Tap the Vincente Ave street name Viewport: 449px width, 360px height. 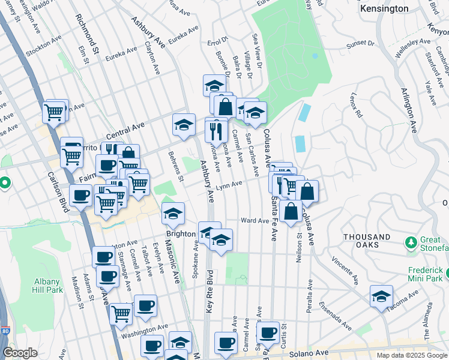[x=345, y=272]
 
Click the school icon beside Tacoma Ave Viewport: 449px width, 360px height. [x=381, y=296]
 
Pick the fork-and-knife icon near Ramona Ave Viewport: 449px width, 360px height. [x=216, y=130]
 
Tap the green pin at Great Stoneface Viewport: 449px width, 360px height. [x=411, y=242]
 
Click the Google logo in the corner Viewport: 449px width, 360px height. [x=20, y=353]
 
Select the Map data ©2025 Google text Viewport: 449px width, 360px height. [x=411, y=355]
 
